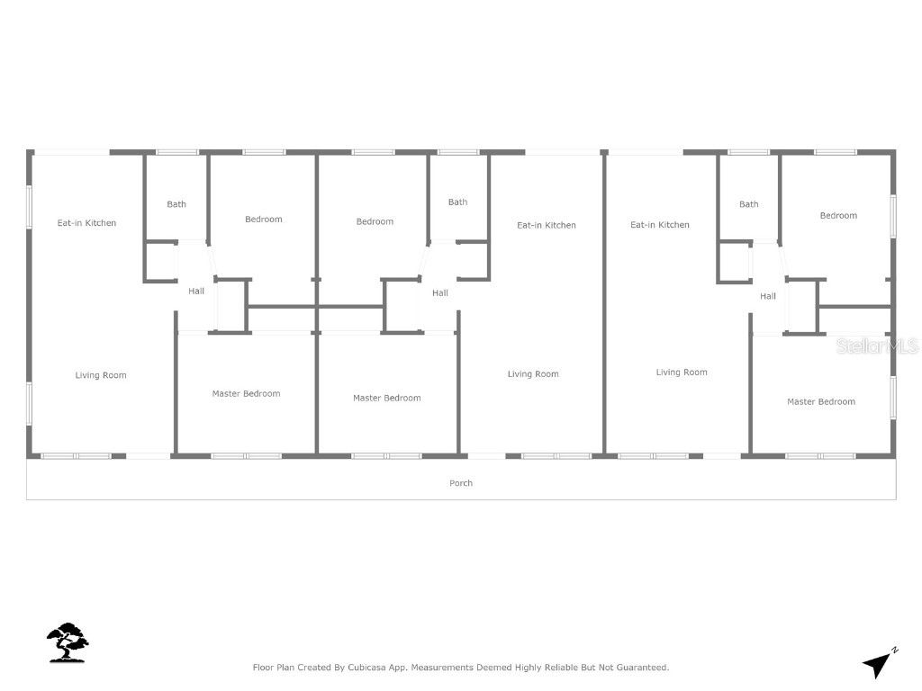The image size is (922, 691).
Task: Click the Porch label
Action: click(461, 483)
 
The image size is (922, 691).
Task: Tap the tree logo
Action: click(68, 642)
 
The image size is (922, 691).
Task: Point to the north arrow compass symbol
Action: click(880, 663)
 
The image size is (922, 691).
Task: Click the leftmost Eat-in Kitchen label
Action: click(86, 223)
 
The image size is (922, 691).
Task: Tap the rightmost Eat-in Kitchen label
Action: click(660, 225)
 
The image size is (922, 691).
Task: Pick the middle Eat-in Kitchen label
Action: click(546, 225)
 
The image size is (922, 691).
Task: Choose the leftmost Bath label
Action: click(176, 204)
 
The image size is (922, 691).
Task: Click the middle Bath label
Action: click(458, 202)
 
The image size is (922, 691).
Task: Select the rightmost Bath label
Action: click(749, 204)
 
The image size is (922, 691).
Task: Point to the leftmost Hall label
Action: click(196, 291)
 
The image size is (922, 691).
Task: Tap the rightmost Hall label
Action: click(768, 296)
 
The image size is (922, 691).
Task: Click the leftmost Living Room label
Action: click(101, 375)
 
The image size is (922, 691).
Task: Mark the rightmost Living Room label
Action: click(682, 372)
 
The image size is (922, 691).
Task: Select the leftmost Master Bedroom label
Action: click(246, 393)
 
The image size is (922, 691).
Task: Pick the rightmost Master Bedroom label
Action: click(821, 401)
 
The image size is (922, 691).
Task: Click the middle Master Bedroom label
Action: click(386, 398)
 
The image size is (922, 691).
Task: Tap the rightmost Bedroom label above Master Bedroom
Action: click(838, 216)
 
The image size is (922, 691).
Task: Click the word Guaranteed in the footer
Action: click(640, 668)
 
